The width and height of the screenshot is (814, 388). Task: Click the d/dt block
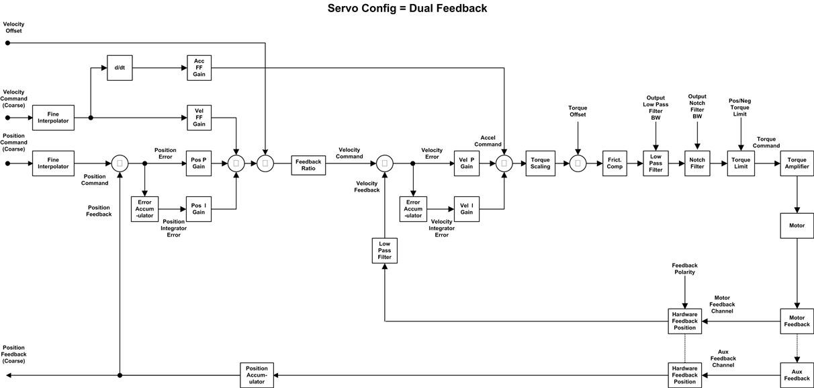(x=120, y=68)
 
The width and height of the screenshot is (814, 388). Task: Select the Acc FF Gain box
(x=199, y=68)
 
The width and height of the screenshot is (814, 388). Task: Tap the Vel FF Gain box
(x=199, y=118)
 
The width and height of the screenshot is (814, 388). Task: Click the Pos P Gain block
(x=199, y=163)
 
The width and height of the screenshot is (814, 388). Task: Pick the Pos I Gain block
(x=199, y=209)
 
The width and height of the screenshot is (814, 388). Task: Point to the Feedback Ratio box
(x=308, y=165)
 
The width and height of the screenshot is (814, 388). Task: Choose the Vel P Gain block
(x=467, y=163)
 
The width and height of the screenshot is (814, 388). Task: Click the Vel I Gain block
(x=467, y=209)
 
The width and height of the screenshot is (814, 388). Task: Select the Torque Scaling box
(x=540, y=163)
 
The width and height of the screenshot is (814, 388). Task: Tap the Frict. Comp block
(x=615, y=163)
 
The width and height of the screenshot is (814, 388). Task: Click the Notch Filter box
(x=697, y=163)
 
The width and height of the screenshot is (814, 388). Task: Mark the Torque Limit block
(x=741, y=163)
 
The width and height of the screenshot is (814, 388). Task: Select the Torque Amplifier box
(x=797, y=163)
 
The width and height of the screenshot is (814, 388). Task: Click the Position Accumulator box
(x=257, y=375)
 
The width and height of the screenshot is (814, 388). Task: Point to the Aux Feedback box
(x=797, y=375)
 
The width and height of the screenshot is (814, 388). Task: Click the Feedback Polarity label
(x=684, y=269)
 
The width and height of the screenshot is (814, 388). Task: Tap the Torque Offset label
(x=578, y=111)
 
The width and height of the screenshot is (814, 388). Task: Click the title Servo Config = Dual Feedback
(x=407, y=9)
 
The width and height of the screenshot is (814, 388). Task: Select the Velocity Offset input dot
(x=8, y=43)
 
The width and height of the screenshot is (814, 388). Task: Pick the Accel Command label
(x=488, y=141)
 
